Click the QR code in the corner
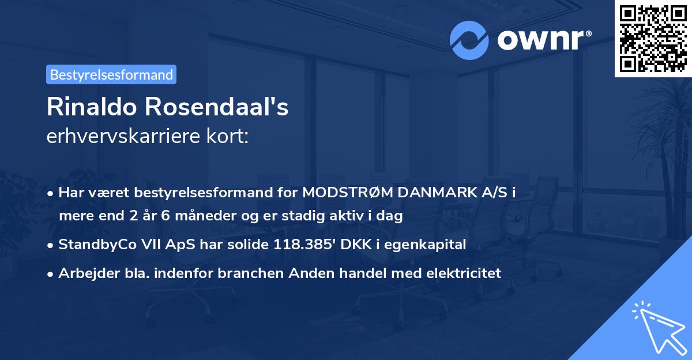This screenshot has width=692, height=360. pyautogui.click(x=653, y=38)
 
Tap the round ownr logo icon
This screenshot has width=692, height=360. pyautogui.click(x=469, y=40)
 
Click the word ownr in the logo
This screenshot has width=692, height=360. pyautogui.click(x=543, y=40)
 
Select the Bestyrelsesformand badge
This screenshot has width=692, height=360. pyautogui.click(x=111, y=74)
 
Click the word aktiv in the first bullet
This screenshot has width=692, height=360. pyautogui.click(x=351, y=216)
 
